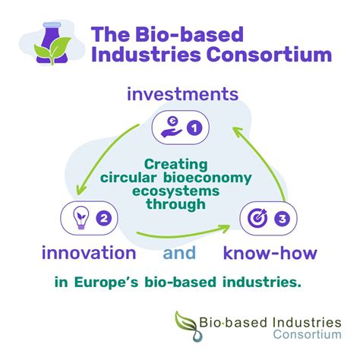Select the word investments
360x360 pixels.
(179, 95)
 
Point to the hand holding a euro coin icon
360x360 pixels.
(169, 128)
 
